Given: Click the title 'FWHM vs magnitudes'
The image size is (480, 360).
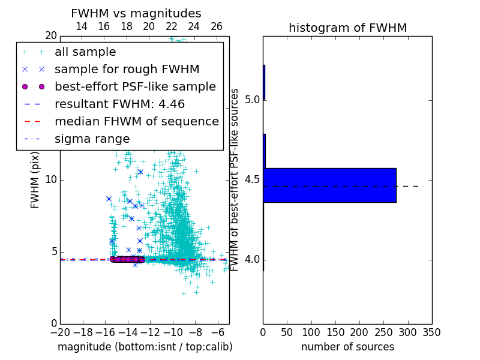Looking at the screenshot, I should point(136,13).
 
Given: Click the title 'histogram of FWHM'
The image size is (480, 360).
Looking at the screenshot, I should point(347,28).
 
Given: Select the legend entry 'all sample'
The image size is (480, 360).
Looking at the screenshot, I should point(85,52).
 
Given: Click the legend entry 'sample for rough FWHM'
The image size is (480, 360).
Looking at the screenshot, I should point(127,69).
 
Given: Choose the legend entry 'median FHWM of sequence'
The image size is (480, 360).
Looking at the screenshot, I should point(136,121).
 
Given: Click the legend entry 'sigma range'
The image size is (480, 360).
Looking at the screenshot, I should point(92,139).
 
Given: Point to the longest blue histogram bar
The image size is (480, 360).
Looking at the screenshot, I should point(329,185).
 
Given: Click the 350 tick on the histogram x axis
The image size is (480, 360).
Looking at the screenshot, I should point(431,332).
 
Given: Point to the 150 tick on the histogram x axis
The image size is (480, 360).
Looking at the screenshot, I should point(335,332).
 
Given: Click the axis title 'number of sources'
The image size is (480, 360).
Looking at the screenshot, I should point(347,347).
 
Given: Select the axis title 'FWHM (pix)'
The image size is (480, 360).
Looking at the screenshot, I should point(35,180).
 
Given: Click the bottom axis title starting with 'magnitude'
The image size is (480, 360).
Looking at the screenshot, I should point(145,347).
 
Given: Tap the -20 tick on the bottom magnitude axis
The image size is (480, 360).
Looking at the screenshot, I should point(60,332).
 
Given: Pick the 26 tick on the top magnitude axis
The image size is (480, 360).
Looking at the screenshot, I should point(217,26).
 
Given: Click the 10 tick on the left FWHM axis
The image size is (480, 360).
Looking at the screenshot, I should point(50,180).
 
